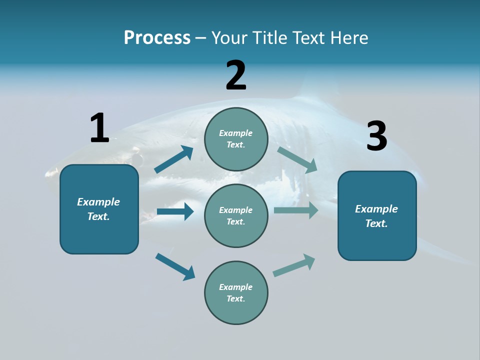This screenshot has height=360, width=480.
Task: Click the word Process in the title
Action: (x=157, y=37)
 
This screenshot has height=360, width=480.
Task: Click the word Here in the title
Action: (x=348, y=37)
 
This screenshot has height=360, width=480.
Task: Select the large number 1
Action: (x=99, y=128)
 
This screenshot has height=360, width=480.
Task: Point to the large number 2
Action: (x=236, y=75)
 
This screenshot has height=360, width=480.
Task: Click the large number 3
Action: (x=376, y=136)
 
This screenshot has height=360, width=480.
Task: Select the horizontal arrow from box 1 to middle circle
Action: (x=175, y=211)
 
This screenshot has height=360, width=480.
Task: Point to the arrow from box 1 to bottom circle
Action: (x=175, y=266)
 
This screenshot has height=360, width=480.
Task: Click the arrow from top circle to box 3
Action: (x=297, y=159)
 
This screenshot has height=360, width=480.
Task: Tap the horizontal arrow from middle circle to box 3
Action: (x=296, y=210)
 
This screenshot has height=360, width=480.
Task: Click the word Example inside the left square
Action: (x=98, y=202)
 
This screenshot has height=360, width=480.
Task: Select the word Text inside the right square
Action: (x=375, y=223)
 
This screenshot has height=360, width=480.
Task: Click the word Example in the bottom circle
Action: (x=235, y=287)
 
